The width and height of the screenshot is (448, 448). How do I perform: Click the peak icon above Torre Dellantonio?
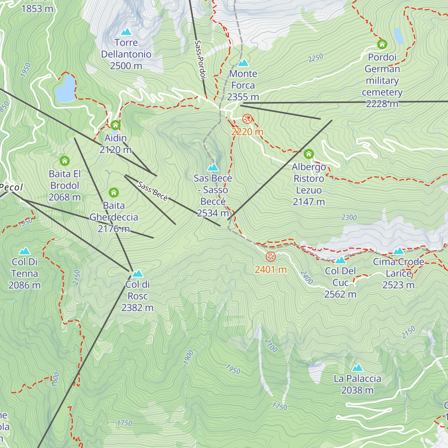[x=126, y=32]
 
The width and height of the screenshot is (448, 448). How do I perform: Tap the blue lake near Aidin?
[x=65, y=89]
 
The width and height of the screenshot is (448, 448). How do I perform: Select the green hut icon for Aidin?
[x=115, y=125]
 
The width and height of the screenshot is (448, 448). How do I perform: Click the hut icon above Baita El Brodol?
[x=65, y=161]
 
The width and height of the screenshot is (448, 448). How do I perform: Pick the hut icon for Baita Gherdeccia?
[x=114, y=193]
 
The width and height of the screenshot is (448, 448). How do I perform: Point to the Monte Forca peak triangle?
[x=243, y=63]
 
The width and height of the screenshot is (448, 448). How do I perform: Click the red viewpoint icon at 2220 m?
[x=247, y=119]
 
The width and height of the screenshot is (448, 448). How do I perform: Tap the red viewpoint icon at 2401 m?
[x=271, y=256]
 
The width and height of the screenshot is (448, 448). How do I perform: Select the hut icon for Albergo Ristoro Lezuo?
[x=309, y=154]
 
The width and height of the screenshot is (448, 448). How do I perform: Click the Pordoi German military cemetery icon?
[x=382, y=44]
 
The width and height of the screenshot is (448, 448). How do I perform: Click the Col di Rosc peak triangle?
[x=137, y=273]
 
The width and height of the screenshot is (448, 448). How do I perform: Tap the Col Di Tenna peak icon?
[x=25, y=251]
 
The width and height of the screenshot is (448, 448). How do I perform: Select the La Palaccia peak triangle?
[x=357, y=368]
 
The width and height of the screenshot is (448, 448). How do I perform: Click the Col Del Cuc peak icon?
[x=340, y=260]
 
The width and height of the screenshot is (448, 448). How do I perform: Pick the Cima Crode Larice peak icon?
[x=398, y=251]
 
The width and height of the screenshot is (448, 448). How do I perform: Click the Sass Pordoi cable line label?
[x=200, y=60]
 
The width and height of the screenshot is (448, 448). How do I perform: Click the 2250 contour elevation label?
[x=315, y=58]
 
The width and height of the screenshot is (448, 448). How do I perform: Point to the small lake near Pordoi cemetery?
[x=399, y=36]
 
